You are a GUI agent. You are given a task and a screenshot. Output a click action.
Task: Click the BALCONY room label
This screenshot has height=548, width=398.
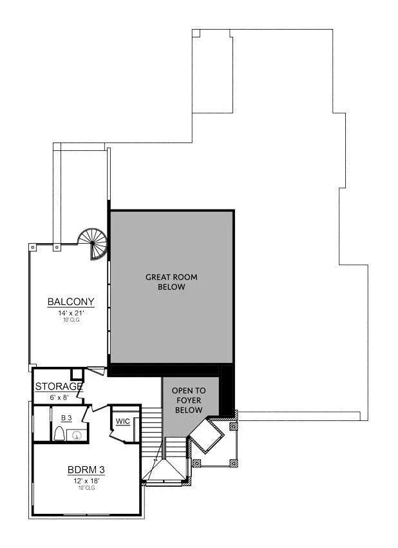pyautogui.click(x=71, y=302)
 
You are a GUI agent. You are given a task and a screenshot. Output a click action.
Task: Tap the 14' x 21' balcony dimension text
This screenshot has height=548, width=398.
pyautogui.click(x=71, y=312)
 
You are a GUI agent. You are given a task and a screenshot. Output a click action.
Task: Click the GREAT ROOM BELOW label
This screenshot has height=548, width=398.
pyautogui.click(x=171, y=282)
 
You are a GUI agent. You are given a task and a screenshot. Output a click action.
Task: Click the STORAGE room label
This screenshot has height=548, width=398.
pyautogui.click(x=59, y=387)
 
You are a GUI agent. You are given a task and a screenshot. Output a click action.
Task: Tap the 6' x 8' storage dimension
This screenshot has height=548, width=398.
pyautogui.click(x=59, y=397)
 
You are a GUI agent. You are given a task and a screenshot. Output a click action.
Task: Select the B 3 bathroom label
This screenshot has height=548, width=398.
pyautogui.click(x=66, y=418)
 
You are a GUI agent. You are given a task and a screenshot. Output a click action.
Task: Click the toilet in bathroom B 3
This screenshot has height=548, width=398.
pyautogui.click(x=59, y=435)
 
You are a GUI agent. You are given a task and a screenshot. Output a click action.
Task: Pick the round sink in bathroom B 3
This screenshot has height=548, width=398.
pyautogui.click(x=77, y=435)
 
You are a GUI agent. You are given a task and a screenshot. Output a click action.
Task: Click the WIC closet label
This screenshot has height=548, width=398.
pyautogui.click(x=122, y=422)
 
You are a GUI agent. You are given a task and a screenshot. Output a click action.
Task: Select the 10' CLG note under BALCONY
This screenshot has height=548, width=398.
pyautogui.click(x=71, y=320)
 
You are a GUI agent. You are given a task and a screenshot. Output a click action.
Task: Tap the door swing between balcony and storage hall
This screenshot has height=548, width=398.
pyautogui.click(x=95, y=371)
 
